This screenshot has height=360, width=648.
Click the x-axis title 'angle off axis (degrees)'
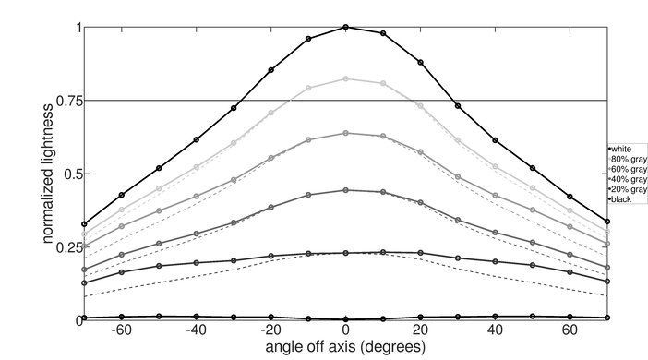point(346,347)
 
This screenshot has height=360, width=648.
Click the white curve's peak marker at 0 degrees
point(346,28)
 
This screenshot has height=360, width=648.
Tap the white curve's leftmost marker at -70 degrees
point(85,224)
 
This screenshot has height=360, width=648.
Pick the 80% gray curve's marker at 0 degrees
point(346,79)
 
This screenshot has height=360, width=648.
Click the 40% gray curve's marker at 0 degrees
point(346,190)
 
